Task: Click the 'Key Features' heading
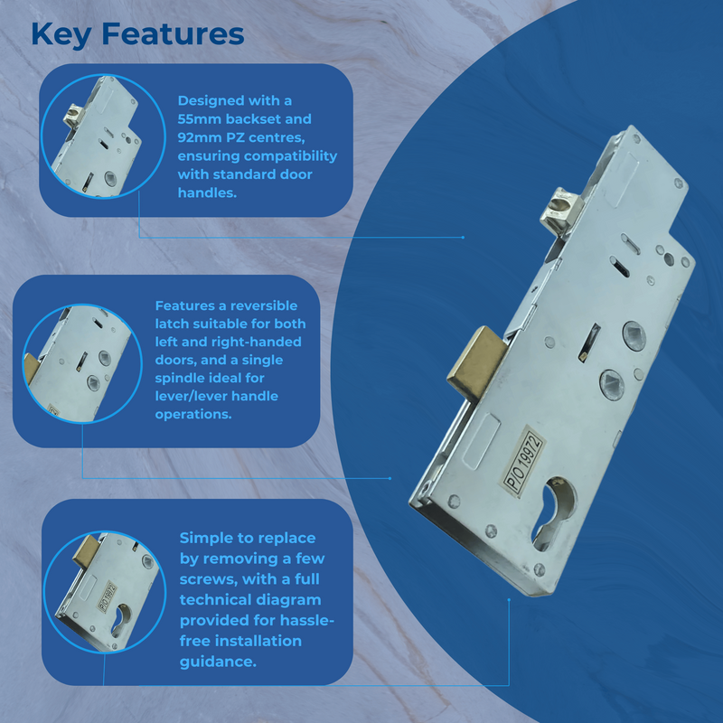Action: (x=137, y=34)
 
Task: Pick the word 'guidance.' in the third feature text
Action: (x=218, y=662)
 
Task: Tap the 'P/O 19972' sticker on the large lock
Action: (x=524, y=461)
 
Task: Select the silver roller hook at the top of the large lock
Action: (x=561, y=210)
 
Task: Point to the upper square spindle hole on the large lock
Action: (x=634, y=335)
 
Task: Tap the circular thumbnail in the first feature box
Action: (x=103, y=136)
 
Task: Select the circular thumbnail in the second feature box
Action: (x=82, y=363)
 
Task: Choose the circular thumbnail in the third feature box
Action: (x=105, y=592)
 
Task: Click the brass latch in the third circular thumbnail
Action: (x=87, y=552)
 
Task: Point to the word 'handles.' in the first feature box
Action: (x=208, y=192)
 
